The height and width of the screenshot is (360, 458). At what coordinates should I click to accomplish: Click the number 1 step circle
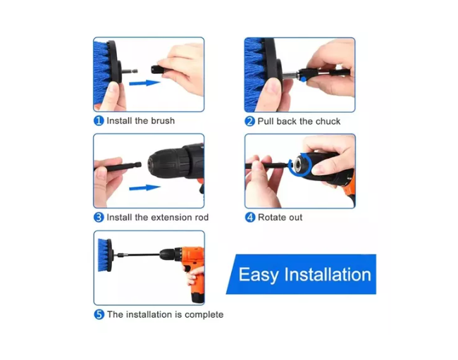(99, 120)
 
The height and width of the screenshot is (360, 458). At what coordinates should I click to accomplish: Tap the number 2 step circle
(249, 121)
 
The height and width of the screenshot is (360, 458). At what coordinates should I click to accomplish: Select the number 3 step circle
(99, 218)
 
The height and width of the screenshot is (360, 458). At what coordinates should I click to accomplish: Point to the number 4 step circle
(250, 217)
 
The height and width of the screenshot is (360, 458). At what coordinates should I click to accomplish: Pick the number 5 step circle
(99, 314)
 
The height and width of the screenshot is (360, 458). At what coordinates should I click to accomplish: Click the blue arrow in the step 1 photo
(144, 83)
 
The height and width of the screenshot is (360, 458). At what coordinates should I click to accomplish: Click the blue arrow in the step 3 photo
(144, 187)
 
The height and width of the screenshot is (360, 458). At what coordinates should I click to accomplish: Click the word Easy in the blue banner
(259, 275)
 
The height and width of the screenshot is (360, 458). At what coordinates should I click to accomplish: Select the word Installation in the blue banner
(328, 275)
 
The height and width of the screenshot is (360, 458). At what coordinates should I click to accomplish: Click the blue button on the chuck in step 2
(303, 79)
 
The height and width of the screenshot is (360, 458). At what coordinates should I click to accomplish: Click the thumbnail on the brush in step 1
(113, 87)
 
